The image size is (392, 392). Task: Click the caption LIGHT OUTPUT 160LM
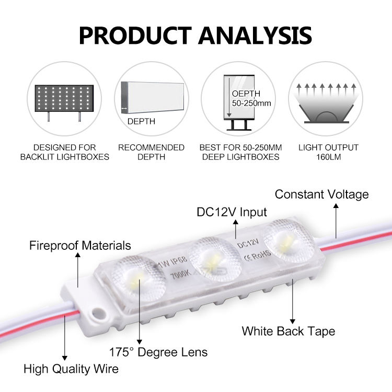[x=328, y=152]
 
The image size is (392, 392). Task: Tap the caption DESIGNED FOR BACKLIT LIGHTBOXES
[x=64, y=152]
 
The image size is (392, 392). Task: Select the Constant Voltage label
[x=321, y=194]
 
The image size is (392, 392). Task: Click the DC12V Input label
[x=232, y=212]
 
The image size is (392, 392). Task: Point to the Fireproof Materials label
[x=80, y=245]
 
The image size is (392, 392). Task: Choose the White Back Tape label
[x=288, y=331]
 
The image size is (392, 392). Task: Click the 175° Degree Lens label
[x=158, y=352]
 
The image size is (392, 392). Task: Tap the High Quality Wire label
[x=71, y=368]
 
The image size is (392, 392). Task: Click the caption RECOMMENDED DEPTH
[x=151, y=152]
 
